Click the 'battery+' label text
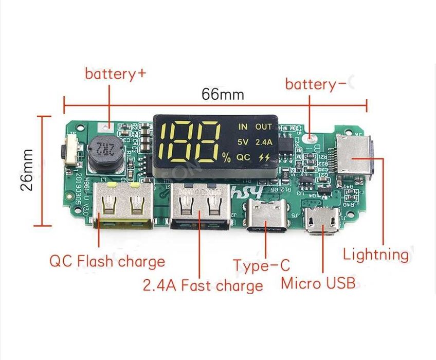point(116,74)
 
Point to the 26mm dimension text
point(27,170)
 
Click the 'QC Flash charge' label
point(107,261)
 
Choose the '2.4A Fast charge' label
point(203,284)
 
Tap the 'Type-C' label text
point(262,265)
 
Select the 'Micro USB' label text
point(318,282)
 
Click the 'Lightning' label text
point(375,254)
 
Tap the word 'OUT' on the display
point(263,126)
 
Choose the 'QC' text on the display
point(243,158)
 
